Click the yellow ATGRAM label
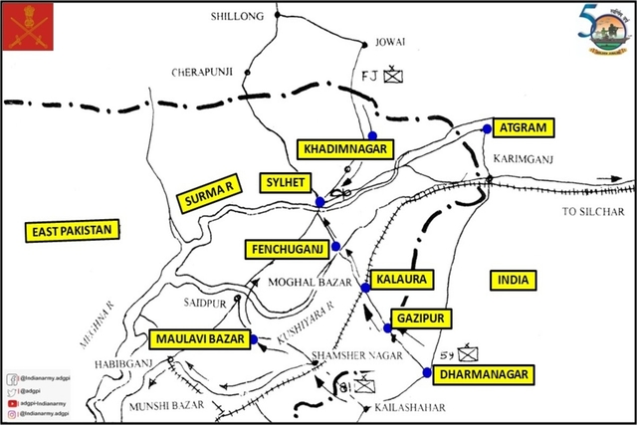tap(523, 128)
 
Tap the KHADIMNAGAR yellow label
tap(342, 148)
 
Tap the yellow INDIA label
tap(515, 280)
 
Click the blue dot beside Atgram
tap(488, 128)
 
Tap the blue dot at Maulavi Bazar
tap(254, 339)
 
